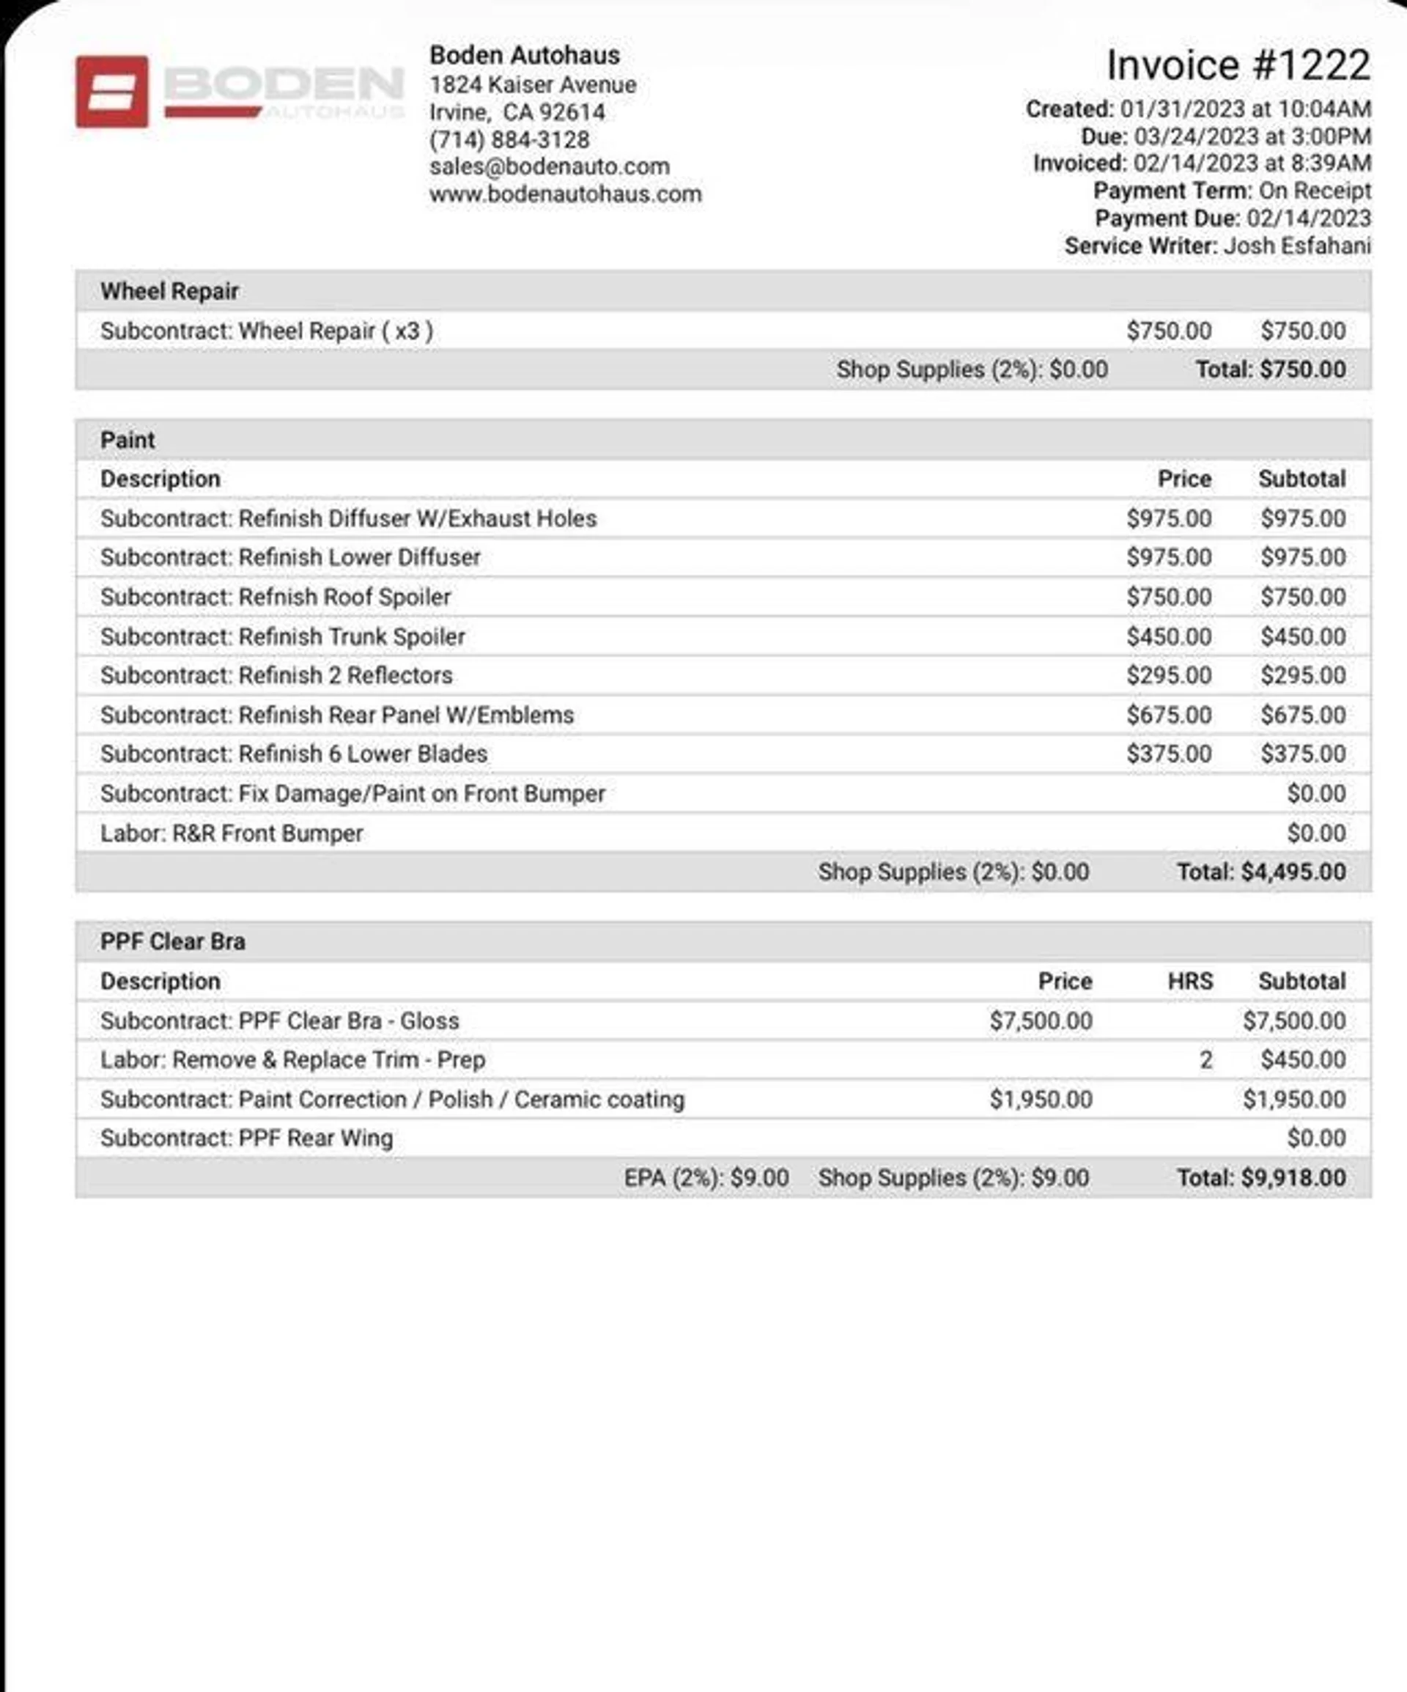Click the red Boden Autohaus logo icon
click(x=112, y=91)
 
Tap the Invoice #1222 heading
click(x=1237, y=65)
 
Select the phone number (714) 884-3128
click(x=509, y=139)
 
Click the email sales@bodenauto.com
click(x=550, y=167)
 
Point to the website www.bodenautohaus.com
click(x=566, y=194)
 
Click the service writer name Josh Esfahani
click(x=1296, y=246)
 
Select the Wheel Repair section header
click(x=169, y=291)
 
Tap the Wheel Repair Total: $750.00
click(x=1270, y=369)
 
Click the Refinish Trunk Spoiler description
click(x=283, y=636)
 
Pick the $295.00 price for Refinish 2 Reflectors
click(x=1169, y=675)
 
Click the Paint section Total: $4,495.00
click(x=1261, y=872)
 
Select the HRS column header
click(x=1189, y=982)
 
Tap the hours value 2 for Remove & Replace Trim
click(x=1205, y=1059)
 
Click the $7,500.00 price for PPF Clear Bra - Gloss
click(x=1041, y=1020)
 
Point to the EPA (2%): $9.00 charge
click(x=706, y=1178)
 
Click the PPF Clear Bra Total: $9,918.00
click(x=1261, y=1178)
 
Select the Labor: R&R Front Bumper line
click(x=232, y=833)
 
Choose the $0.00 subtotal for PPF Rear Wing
click(x=1316, y=1139)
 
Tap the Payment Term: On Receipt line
click(x=1231, y=191)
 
